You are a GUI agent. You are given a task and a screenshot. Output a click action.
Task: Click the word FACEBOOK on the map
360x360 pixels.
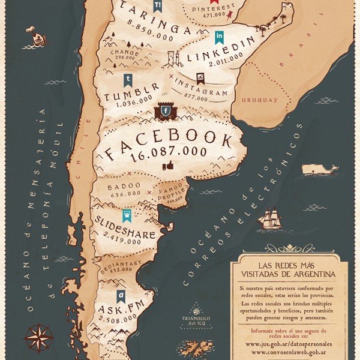[169, 144]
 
